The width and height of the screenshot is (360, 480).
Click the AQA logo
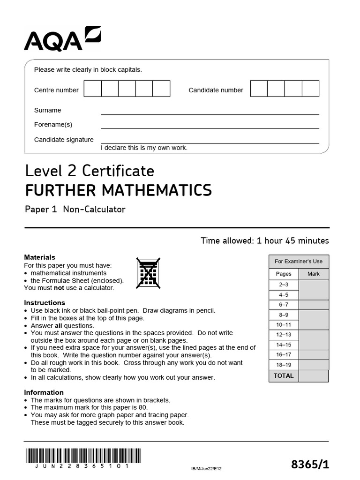point(62,39)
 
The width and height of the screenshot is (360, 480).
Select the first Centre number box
point(93,89)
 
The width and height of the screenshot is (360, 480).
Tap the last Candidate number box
point(310,89)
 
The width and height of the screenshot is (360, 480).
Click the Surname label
point(47,110)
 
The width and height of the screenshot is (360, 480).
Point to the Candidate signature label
point(64,140)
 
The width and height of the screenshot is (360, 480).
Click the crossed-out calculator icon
point(148,273)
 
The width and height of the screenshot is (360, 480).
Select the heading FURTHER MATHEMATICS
point(118,190)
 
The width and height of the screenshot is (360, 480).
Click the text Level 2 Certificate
point(89,170)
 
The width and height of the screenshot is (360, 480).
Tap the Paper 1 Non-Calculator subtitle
point(75,210)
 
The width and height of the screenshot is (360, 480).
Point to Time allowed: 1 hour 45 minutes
point(265,241)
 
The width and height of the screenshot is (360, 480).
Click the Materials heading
point(39,257)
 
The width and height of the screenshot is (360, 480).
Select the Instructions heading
point(45,303)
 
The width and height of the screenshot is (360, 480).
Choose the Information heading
point(44,392)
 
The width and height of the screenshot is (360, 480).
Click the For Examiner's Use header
point(299,262)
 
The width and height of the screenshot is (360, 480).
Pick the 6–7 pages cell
point(284,305)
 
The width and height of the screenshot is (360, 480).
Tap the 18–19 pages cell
point(284,365)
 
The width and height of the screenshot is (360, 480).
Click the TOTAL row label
point(284,376)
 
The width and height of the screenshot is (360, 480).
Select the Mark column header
point(314,274)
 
